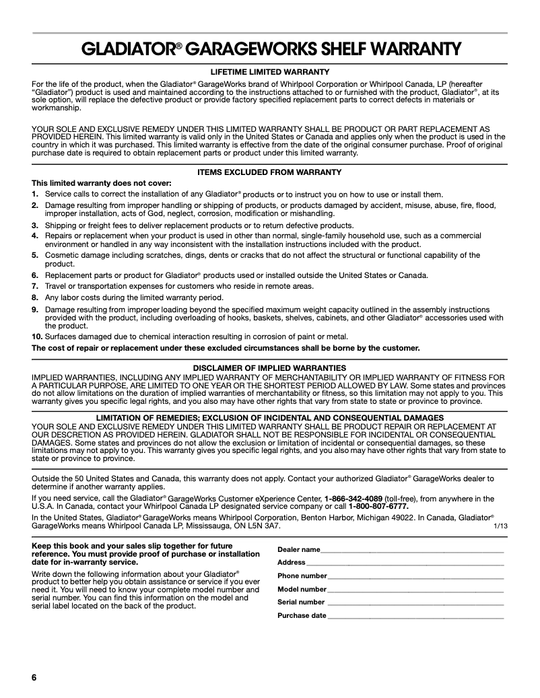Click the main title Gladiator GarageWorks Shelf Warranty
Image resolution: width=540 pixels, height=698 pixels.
point(269,49)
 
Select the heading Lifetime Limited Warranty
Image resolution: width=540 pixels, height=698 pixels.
point(269,72)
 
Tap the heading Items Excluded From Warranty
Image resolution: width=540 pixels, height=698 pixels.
point(269,172)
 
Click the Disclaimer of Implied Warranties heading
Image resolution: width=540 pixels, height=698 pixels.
point(269,368)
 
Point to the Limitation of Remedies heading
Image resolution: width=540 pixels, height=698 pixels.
point(269,418)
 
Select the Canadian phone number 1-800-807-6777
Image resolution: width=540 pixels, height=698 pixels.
point(378,507)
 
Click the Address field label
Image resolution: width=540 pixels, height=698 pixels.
point(292,563)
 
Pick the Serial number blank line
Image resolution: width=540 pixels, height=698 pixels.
point(415,602)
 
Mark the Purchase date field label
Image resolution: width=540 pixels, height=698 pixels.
point(302,615)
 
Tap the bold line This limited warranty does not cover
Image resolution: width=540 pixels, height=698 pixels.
point(102,183)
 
